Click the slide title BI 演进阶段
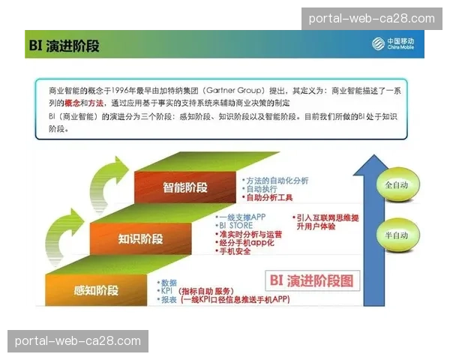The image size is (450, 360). [x=64, y=46]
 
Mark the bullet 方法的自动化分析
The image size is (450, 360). [x=277, y=181]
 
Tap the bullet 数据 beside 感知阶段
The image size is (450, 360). [x=169, y=283]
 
